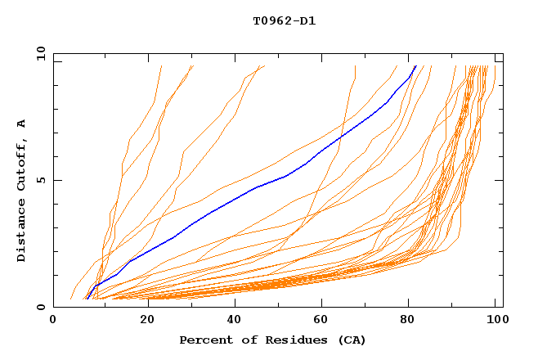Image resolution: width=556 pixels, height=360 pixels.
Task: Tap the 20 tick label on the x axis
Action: pyautogui.click(x=143, y=322)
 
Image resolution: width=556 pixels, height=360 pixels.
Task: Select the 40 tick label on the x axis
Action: pyautogui.click(x=233, y=322)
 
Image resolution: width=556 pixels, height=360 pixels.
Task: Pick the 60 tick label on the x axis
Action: pyautogui.click(x=322, y=322)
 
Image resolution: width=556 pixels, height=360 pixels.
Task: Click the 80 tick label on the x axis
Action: pyautogui.click(x=411, y=322)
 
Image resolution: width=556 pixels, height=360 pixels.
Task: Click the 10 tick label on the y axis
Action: pyautogui.click(x=39, y=54)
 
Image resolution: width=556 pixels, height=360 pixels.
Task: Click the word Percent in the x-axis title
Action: pyautogui.click(x=204, y=340)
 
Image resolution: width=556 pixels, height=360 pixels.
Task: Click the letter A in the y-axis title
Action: pyautogui.click(x=21, y=124)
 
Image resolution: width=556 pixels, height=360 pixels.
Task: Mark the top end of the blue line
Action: pyautogui.click(x=415, y=66)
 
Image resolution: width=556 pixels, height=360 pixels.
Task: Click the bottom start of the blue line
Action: pyautogui.click(x=87, y=299)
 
